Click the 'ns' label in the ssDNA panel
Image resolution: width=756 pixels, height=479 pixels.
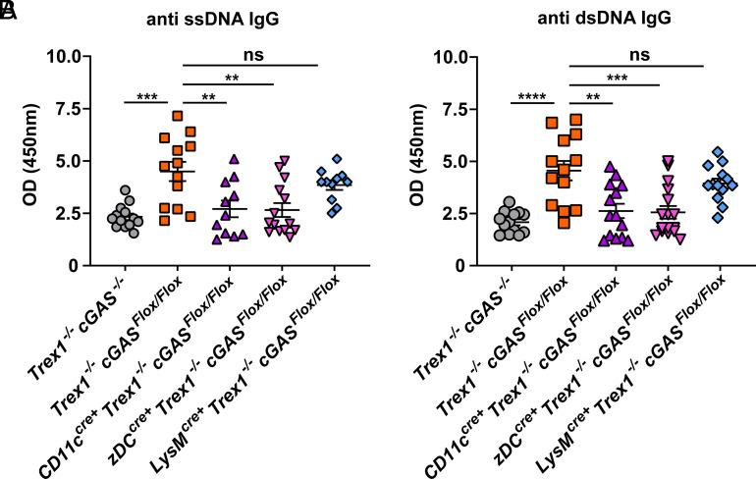251,56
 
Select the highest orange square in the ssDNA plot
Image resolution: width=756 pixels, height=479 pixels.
178,116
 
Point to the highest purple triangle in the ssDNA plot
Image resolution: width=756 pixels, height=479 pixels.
233,159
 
